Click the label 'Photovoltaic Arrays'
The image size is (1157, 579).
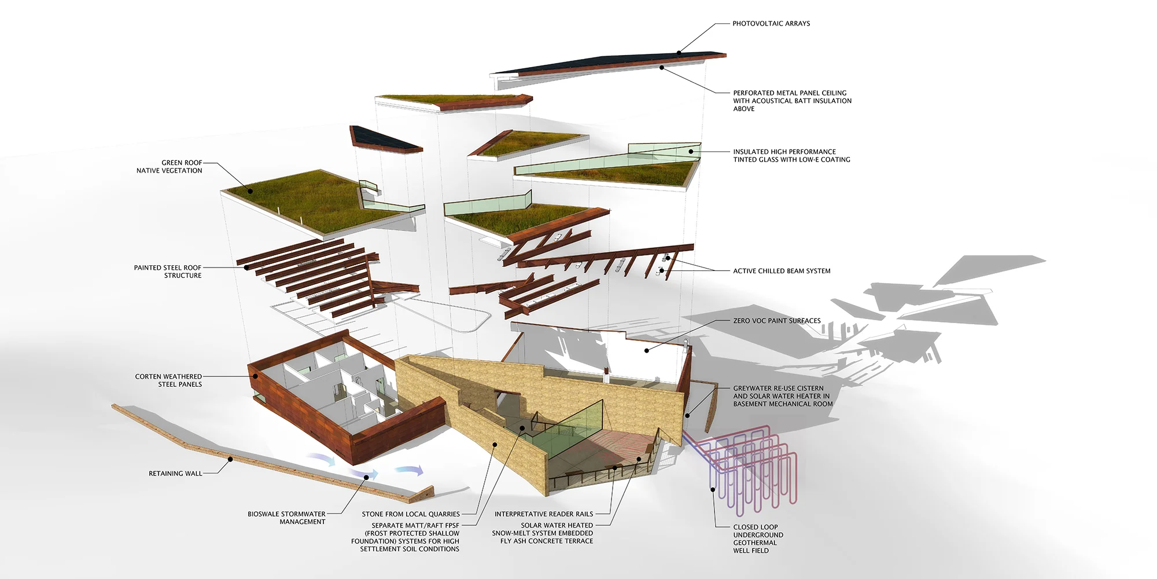click(771, 24)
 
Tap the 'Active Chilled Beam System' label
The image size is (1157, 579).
click(781, 271)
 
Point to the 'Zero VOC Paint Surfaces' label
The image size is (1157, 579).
click(776, 321)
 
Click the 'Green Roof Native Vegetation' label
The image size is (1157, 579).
click(170, 167)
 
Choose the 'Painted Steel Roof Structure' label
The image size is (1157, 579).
click(168, 272)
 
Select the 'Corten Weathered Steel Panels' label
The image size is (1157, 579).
click(168, 380)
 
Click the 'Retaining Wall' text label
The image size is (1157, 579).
click(175, 474)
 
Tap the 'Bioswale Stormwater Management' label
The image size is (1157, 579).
click(286, 518)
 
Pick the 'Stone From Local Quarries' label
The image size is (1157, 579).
click(411, 514)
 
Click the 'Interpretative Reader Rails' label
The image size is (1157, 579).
click(543, 514)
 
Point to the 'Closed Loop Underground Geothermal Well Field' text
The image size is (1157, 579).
click(758, 539)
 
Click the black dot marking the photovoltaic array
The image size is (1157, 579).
click(679, 53)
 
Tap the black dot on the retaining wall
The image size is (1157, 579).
click(230, 460)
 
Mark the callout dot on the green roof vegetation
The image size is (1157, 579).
click(250, 190)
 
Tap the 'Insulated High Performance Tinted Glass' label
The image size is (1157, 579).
click(791, 156)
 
